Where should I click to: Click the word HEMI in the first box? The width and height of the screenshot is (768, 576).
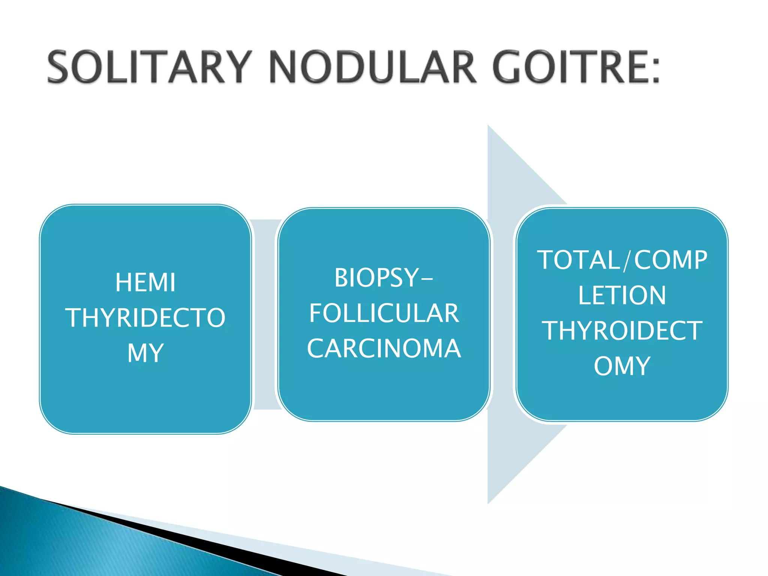click(x=145, y=282)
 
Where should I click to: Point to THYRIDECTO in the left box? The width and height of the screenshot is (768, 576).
click(x=145, y=318)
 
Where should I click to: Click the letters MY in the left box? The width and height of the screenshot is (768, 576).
click(x=145, y=353)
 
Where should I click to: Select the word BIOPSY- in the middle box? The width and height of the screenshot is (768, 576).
click(x=383, y=278)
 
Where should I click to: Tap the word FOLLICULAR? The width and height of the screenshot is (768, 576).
click(x=384, y=313)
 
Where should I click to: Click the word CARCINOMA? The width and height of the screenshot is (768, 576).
click(x=384, y=348)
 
